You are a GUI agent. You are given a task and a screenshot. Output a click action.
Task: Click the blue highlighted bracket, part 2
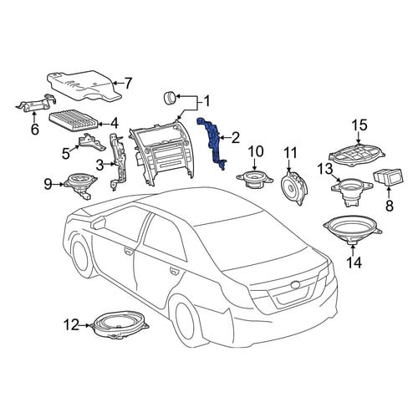tap(213, 142)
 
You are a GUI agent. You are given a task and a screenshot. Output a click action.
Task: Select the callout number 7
tap(127, 84)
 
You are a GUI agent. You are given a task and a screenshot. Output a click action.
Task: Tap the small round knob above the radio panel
tap(169, 98)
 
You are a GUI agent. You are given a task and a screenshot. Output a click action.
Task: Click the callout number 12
tap(71, 325)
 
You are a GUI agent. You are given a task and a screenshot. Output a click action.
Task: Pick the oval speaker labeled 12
tap(120, 325)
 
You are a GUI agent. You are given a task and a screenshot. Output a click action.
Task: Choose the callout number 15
tap(359, 125)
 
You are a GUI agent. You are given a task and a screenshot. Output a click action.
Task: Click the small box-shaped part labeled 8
tap(388, 176)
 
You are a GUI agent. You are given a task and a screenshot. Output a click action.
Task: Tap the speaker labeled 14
tap(353, 230)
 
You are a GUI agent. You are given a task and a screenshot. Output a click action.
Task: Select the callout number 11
tap(290, 153)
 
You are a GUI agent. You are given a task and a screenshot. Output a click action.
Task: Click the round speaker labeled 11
tap(295, 187)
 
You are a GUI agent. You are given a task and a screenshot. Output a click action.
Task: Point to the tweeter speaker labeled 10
tap(255, 179)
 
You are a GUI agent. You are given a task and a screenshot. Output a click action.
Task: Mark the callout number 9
tap(48, 185)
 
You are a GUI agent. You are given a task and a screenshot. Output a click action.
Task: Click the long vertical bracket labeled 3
tap(118, 161)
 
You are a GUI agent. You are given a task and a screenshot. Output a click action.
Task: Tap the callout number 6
tap(34, 129)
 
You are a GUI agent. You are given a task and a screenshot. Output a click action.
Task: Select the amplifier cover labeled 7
tap(84, 85)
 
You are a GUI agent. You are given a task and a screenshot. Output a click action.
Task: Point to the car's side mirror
tap(99, 223)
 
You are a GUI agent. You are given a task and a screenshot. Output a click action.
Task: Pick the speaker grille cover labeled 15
tap(357, 155)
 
